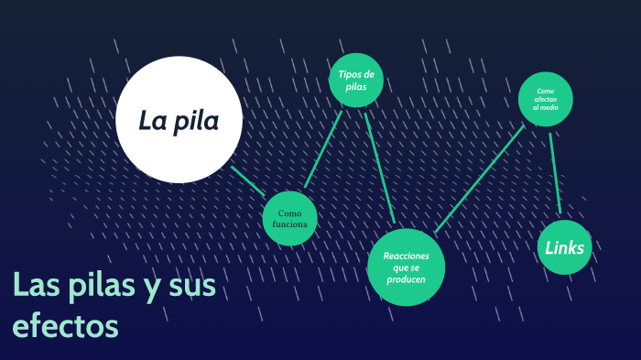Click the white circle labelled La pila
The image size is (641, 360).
[179, 119]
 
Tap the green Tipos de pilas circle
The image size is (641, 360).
[356, 81]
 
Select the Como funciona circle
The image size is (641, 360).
[290, 218]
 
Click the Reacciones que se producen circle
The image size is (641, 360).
[406, 267]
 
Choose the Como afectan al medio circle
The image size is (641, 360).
[546, 99]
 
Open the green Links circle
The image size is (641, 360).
[564, 247]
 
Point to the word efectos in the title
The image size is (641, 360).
[65, 324]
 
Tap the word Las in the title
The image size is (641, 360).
[35, 287]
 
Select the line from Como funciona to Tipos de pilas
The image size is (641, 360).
[323, 149]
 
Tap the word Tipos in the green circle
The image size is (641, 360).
[345, 74]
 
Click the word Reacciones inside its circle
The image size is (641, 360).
[406, 256]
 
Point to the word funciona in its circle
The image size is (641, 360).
[290, 224]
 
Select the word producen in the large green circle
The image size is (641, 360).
[406, 278]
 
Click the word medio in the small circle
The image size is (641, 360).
[548, 108]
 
